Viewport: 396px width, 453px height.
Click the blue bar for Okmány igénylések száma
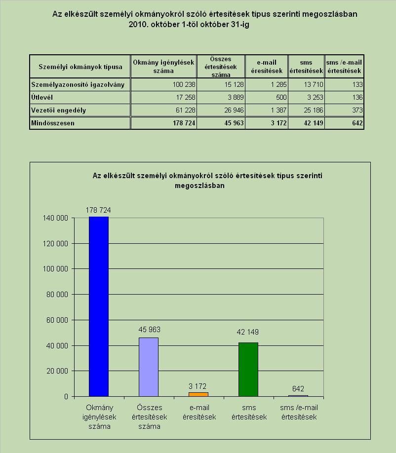[99, 306]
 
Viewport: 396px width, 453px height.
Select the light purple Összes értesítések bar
[149, 367]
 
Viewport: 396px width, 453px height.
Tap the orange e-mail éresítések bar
[198, 394]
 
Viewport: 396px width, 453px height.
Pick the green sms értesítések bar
[248, 370]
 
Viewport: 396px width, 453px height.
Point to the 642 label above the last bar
[298, 388]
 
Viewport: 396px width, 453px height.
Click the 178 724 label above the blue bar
[98, 210]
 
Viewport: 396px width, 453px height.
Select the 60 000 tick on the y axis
[57, 320]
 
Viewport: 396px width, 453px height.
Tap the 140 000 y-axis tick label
[55, 218]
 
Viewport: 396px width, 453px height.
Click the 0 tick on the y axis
[66, 397]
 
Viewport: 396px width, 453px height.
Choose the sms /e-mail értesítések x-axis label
[299, 412]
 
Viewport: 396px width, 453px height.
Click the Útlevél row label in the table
[42, 97]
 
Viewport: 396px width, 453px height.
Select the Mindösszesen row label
[53, 123]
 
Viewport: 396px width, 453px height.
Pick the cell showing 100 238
[184, 85]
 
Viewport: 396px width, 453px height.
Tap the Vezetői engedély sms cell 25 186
[314, 110]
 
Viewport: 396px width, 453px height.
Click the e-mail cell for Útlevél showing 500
[281, 97]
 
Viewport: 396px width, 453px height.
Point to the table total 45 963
[234, 123]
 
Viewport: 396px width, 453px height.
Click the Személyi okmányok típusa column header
[80, 67]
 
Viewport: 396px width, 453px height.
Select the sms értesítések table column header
[306, 67]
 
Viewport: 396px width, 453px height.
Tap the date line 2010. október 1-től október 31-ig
[189, 25]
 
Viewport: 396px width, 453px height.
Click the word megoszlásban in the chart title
[200, 186]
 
